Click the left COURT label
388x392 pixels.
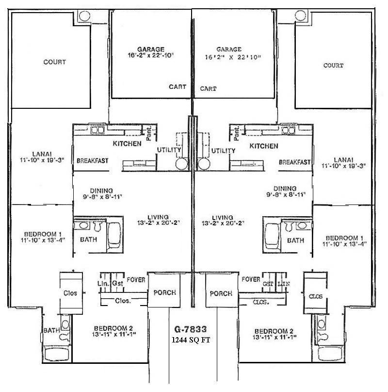pos(54,62)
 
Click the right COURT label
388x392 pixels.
pos(333,65)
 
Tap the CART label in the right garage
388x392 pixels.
pos(209,89)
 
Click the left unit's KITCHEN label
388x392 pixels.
pos(127,144)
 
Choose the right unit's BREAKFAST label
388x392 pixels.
pos(294,162)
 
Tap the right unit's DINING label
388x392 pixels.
pos(285,188)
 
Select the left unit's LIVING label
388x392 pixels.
pos(159,217)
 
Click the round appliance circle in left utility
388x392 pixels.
pos(181,164)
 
